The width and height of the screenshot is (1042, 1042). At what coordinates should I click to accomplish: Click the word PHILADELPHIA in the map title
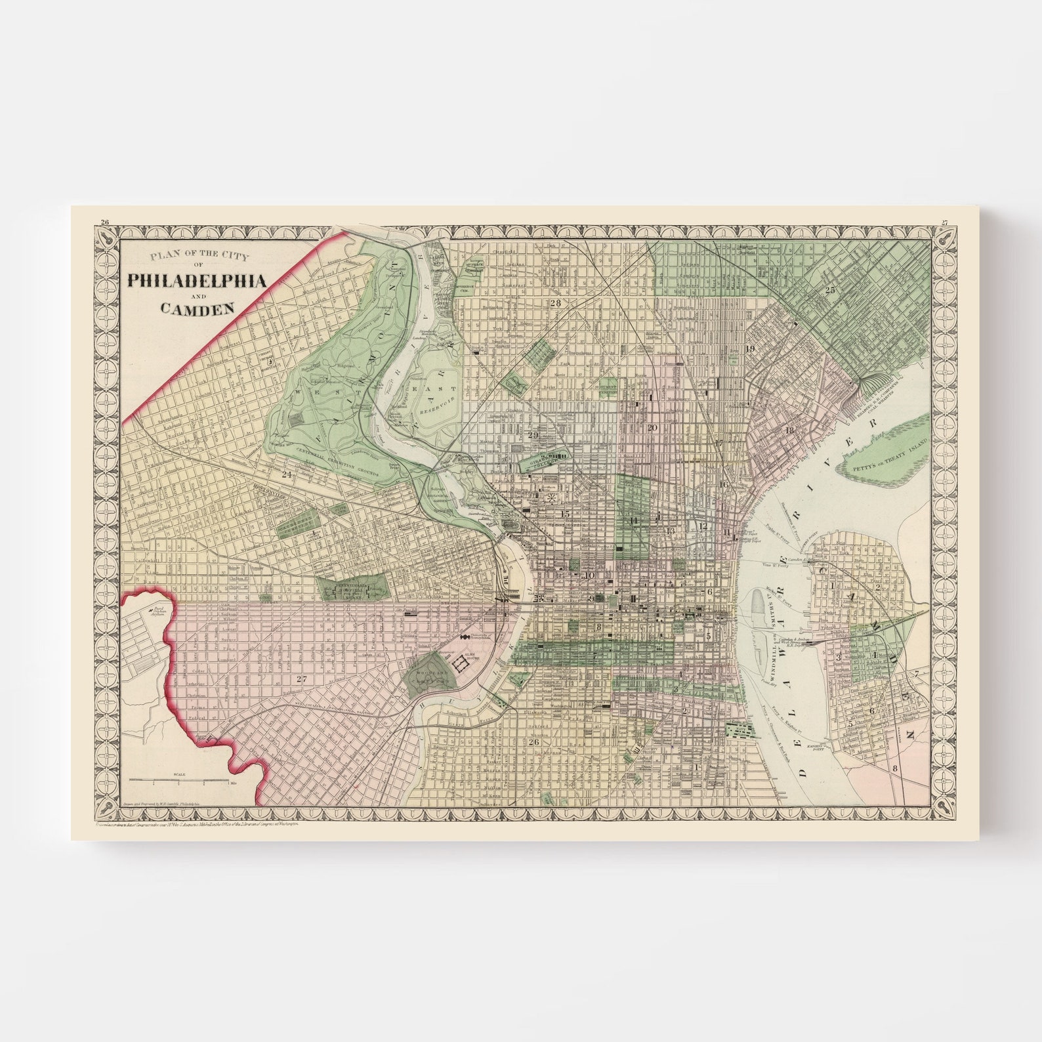click(196, 281)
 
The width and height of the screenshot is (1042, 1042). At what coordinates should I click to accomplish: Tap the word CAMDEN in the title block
click(196, 306)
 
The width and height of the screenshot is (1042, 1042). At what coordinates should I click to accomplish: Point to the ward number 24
click(286, 474)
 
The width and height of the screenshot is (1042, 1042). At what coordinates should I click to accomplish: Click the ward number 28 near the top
click(556, 303)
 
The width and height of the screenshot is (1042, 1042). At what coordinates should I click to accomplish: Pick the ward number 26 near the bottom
click(533, 742)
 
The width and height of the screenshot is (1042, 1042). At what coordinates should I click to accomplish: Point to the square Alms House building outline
click(462, 665)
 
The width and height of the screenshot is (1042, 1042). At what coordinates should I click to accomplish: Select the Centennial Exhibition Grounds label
click(335, 453)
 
